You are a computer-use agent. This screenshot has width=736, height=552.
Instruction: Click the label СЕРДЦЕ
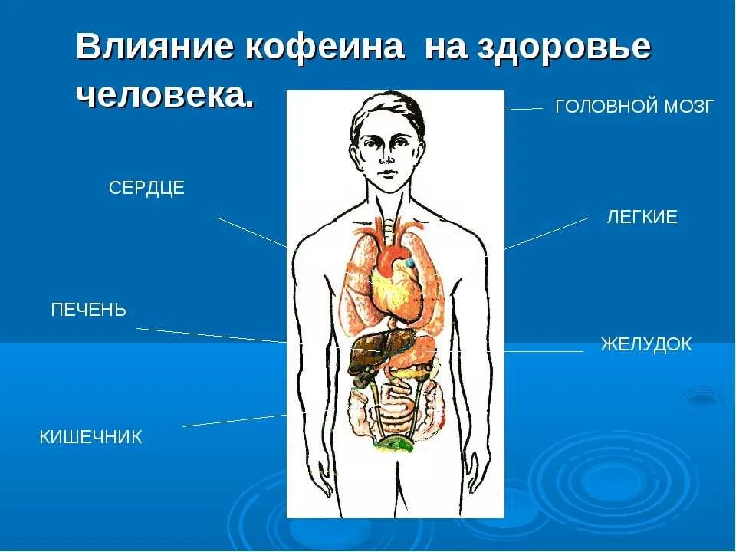tap(146, 189)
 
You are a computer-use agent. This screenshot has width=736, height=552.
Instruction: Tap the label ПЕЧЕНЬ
tap(88, 310)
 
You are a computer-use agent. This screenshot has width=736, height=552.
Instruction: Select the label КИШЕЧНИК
tap(90, 438)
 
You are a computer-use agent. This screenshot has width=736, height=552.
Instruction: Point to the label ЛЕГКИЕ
tap(642, 217)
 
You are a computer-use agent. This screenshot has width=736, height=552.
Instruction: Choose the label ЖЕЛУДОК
tap(646, 345)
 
